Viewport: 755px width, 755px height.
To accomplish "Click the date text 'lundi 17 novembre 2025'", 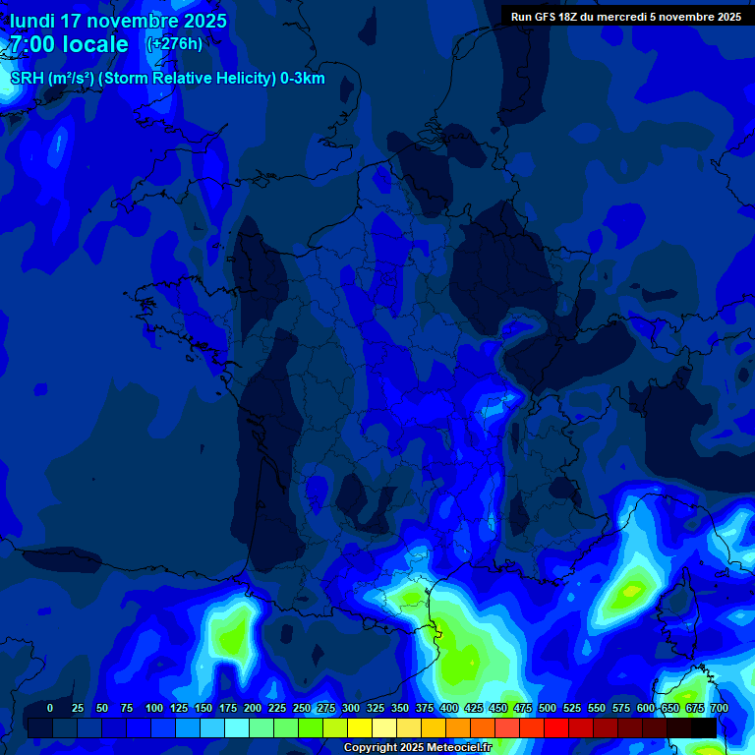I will [118, 21].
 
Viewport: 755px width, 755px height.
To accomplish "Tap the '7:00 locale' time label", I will [69, 44].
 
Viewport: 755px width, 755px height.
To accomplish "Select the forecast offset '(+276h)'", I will [174, 43].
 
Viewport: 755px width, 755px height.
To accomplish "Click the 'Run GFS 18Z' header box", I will [625, 17].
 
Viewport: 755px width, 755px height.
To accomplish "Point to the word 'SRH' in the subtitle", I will [27, 79].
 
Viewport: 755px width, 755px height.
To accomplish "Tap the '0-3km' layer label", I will [303, 79].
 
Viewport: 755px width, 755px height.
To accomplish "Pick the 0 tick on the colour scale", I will [50, 708].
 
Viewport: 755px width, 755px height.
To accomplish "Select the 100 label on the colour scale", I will [154, 708].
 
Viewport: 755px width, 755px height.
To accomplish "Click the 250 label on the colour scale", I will [302, 708].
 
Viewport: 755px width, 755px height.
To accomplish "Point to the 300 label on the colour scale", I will [351, 708].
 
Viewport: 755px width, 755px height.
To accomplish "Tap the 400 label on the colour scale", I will [449, 708].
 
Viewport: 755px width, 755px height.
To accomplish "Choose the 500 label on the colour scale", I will [548, 708].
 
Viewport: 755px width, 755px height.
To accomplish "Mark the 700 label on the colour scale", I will [719, 708].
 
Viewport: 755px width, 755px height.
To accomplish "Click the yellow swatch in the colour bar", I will [360, 727].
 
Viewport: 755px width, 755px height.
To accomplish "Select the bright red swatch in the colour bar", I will [556, 727].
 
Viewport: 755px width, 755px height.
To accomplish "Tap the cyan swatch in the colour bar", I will [237, 727].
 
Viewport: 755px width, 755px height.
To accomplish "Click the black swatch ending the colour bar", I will [704, 727].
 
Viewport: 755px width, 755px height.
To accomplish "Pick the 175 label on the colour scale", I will [228, 708].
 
